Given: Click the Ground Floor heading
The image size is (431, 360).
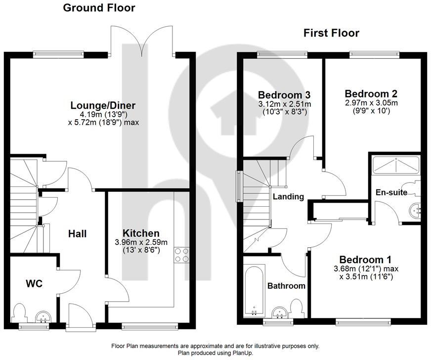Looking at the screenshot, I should click(x=99, y=8).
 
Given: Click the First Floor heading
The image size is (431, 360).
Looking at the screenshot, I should click(x=331, y=33).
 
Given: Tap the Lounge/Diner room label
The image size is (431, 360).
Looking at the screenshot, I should click(x=103, y=105).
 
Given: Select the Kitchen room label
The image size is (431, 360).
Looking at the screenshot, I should click(x=141, y=233).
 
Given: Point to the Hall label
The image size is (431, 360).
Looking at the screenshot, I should click(x=77, y=233).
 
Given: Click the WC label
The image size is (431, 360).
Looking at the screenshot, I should click(x=34, y=284).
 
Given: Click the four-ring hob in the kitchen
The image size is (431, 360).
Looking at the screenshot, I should click(x=181, y=254).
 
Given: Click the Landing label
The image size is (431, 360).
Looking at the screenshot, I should click(x=288, y=197).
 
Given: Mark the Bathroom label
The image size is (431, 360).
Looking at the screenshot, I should click(x=286, y=286).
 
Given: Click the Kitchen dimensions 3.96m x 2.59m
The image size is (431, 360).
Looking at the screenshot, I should click(x=141, y=242).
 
